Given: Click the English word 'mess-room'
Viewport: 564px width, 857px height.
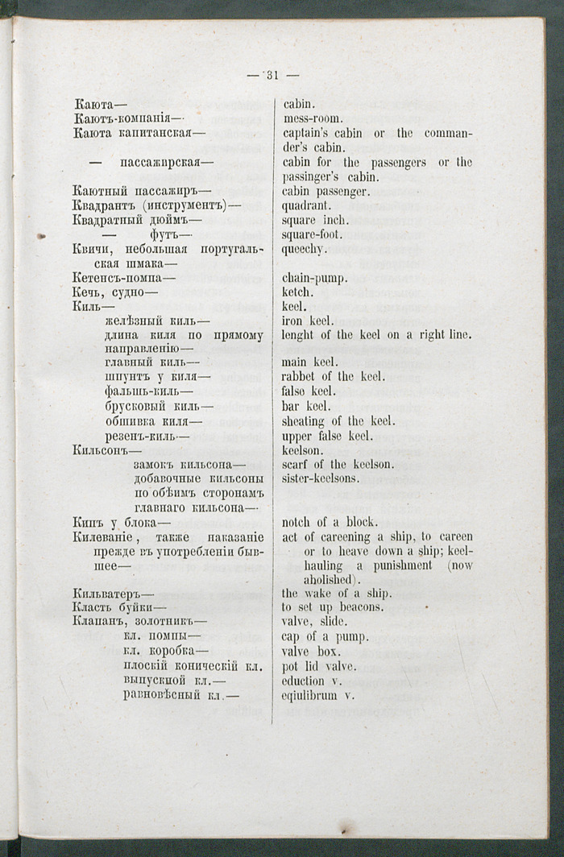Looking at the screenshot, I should click(x=313, y=118).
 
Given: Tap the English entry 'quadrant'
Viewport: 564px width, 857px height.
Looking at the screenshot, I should click(x=307, y=205).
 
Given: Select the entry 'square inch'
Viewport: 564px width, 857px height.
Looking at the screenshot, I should click(x=315, y=220).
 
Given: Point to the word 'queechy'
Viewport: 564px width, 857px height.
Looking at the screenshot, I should click(x=305, y=250).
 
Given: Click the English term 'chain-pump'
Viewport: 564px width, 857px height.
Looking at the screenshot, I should click(x=314, y=279).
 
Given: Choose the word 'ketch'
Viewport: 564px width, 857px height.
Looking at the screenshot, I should click(x=297, y=293).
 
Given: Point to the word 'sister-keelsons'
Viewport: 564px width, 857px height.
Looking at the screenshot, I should click(x=321, y=478).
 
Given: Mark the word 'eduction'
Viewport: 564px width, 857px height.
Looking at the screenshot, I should click(x=304, y=681).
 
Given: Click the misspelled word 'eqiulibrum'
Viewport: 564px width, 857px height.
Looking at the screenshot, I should click(x=314, y=695).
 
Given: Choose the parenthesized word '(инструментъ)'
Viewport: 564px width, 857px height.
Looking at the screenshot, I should click(x=185, y=205).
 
